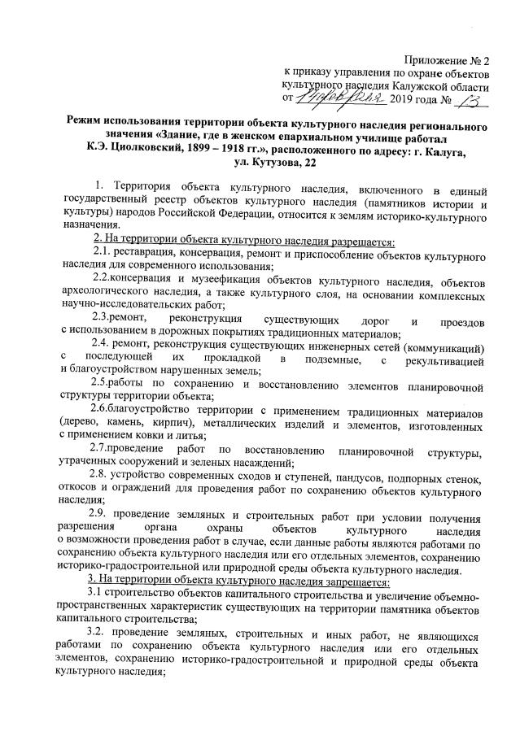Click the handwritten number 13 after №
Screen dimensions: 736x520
tap(469, 100)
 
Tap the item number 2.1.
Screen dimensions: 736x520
tap(106, 255)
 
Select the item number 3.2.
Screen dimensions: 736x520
tap(105, 631)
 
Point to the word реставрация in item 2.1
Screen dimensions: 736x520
tap(155, 255)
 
